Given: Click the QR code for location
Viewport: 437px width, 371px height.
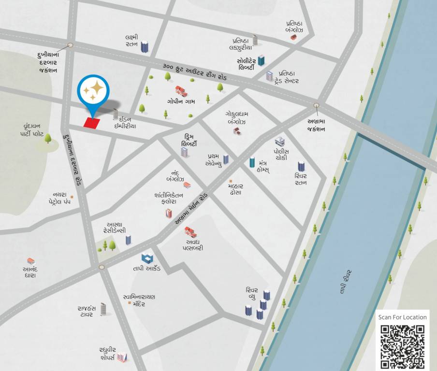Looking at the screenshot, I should click(x=403, y=347).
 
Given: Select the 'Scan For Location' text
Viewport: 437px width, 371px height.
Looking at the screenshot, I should click(x=403, y=317).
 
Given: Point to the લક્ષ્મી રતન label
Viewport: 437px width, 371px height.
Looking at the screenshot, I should click(x=131, y=41).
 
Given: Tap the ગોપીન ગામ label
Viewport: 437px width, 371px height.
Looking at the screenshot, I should click(x=181, y=102).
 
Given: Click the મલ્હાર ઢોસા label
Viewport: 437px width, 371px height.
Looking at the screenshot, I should click(x=236, y=189).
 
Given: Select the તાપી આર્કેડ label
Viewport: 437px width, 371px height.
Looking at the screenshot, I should click(x=147, y=268).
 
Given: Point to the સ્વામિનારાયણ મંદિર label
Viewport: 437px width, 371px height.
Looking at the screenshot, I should click(x=139, y=300).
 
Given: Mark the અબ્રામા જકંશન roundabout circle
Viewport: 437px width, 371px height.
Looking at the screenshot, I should click(x=316, y=105).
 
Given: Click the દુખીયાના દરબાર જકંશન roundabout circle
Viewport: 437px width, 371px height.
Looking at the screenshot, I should click(x=70, y=45).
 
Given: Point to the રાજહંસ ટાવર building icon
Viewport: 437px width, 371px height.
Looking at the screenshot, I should click(x=103, y=309).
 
